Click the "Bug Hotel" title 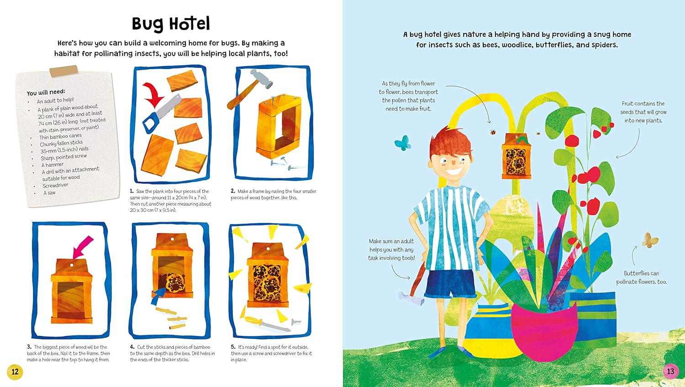(171, 24)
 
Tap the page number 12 (15, 371)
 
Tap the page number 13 (670, 371)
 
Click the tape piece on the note (64, 71)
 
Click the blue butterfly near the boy (402, 142)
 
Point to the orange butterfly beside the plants (650, 240)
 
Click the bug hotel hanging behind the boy (516, 156)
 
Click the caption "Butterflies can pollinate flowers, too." (641, 277)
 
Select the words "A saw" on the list (49, 193)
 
